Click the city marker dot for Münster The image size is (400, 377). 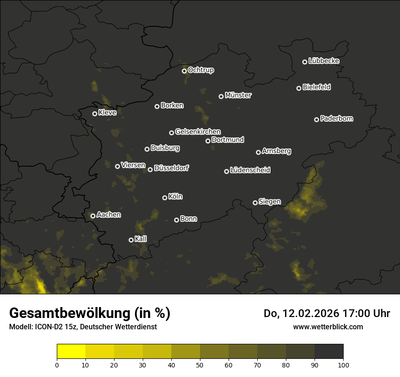[x=221, y=96]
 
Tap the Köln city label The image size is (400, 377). [x=175, y=197]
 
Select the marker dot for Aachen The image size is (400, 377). [x=93, y=216]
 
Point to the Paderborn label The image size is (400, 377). [x=336, y=119]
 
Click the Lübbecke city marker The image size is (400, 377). [x=305, y=62]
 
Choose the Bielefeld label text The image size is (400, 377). [x=316, y=87]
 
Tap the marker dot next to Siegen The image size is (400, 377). [x=255, y=203]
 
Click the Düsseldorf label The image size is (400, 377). [x=171, y=168]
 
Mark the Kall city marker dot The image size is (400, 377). [x=131, y=240]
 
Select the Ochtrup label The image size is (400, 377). [x=200, y=70]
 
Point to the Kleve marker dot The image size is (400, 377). [x=95, y=114]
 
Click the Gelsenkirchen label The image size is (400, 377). [x=198, y=132]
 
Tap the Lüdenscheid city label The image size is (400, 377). [x=250, y=170]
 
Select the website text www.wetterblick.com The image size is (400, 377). [x=328, y=327]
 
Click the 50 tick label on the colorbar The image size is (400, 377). [x=200, y=364]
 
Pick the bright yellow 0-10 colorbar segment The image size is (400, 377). [x=71, y=351]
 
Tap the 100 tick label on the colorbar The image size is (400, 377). [x=343, y=364]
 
